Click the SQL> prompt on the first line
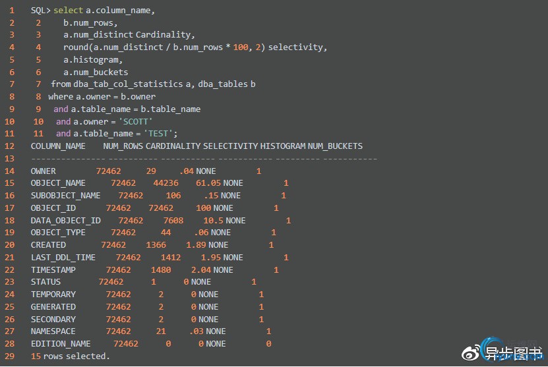pyautogui.click(x=40, y=11)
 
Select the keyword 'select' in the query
pyautogui.click(x=68, y=11)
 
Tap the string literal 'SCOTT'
pyautogui.click(x=136, y=121)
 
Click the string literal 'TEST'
pyautogui.click(x=159, y=133)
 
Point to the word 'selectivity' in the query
pyautogui.click(x=296, y=47)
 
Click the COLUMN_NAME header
pyautogui.click(x=58, y=146)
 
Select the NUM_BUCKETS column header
pyautogui.click(x=335, y=146)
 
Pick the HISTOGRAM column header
pyautogui.click(x=283, y=146)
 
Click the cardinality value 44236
pyautogui.click(x=166, y=183)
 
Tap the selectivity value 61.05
pyautogui.click(x=208, y=183)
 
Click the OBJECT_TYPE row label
pyautogui.click(x=58, y=233)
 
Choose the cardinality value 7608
pyautogui.click(x=173, y=221)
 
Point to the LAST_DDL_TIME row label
pyautogui.click(x=63, y=258)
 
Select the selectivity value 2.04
pyautogui.click(x=201, y=270)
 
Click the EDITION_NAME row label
pyautogui.click(x=61, y=344)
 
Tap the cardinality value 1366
pyautogui.click(x=156, y=245)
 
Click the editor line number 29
pyautogui.click(x=9, y=356)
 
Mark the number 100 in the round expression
pyautogui.click(x=241, y=47)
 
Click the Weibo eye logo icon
pyautogui.click(x=470, y=354)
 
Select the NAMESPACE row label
pyautogui.click(x=53, y=331)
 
